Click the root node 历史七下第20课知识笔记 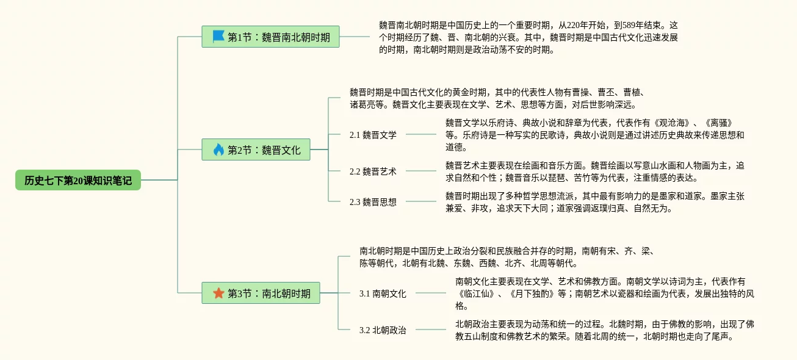pos(78,180)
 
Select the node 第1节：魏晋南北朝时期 pos(270,37)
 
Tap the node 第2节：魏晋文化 pos(256,149)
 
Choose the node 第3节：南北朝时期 pos(261,293)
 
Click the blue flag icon pos(218,37)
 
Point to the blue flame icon pos(218,149)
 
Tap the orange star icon pos(218,293)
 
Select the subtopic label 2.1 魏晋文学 pos(373,135)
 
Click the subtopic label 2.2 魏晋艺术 pos(373,171)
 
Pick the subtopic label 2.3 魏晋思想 pos(373,202)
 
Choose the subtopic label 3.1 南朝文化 pos(383,293)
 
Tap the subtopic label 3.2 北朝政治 pos(383,330)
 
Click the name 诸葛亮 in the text pos(362,104)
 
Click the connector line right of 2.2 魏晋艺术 pos(421,171)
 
